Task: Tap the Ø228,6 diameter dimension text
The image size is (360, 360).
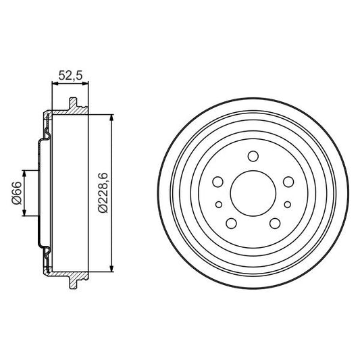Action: (101, 193)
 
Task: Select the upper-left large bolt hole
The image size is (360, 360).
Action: (217, 181)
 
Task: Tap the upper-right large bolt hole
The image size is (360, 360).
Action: (287, 181)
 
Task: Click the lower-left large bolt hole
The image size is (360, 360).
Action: (230, 223)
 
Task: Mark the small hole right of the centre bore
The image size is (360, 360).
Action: (286, 204)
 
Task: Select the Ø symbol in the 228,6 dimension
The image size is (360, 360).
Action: (101, 210)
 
